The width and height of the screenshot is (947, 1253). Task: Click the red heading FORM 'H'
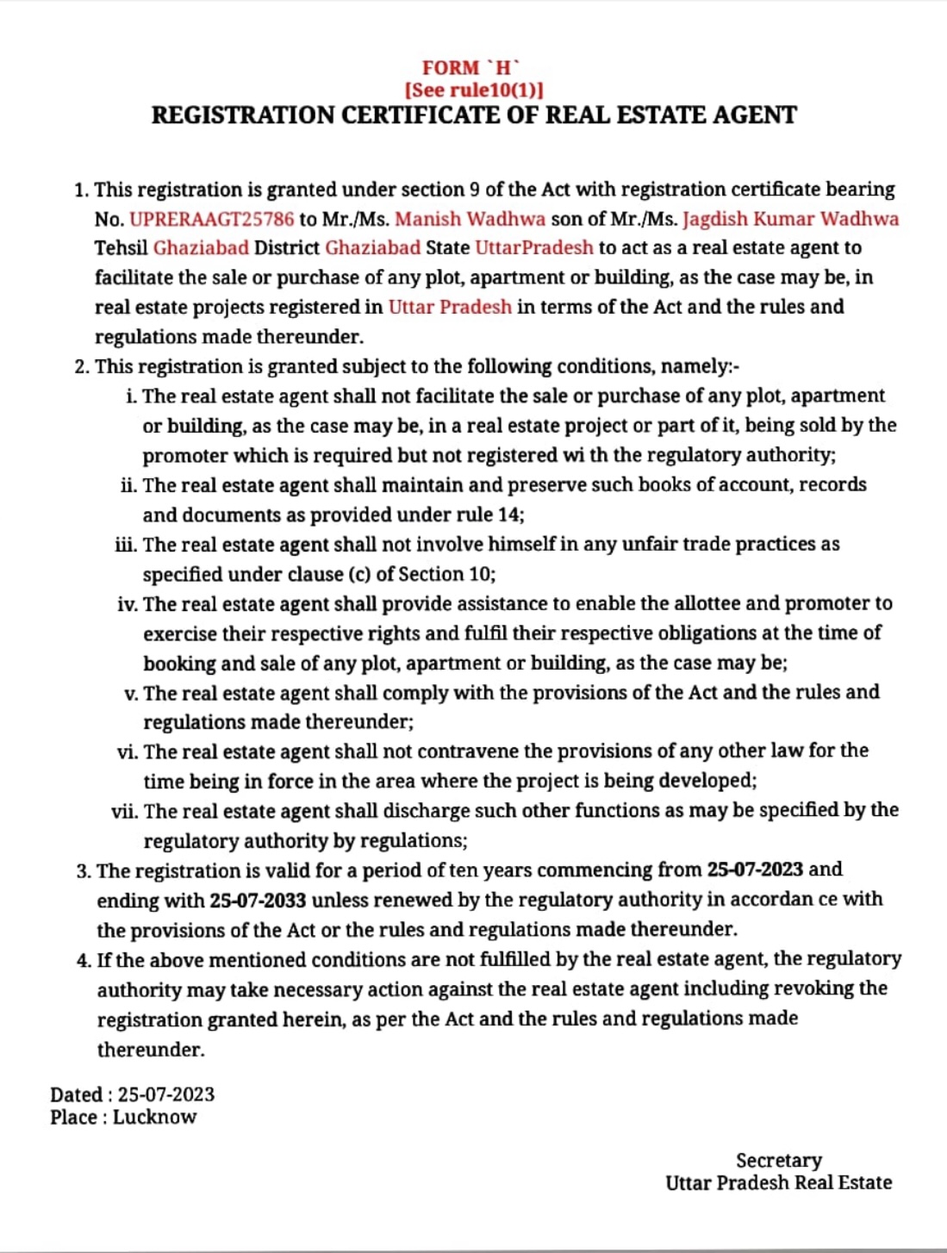tap(470, 68)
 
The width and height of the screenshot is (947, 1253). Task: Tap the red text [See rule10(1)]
tap(473, 90)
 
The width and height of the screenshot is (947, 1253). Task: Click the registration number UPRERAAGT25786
tap(212, 219)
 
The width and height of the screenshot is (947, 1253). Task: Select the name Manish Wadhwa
tap(470, 219)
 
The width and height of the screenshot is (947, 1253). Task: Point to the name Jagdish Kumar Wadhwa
tap(790, 219)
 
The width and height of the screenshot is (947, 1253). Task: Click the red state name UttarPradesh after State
tap(534, 248)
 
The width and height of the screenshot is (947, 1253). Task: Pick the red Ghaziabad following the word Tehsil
tap(201, 248)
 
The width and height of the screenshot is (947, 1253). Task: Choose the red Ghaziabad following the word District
tap(372, 248)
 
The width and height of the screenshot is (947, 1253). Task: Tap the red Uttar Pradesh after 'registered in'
tap(450, 308)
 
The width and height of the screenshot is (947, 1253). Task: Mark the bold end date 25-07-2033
tap(258, 901)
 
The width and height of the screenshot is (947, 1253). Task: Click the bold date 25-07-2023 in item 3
tap(755, 870)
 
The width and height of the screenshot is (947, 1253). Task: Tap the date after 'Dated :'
tap(166, 1094)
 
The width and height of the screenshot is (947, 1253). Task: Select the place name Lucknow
tap(154, 1117)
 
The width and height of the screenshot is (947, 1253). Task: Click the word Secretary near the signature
tap(779, 1160)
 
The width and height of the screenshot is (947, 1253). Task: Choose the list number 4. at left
tap(84, 959)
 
